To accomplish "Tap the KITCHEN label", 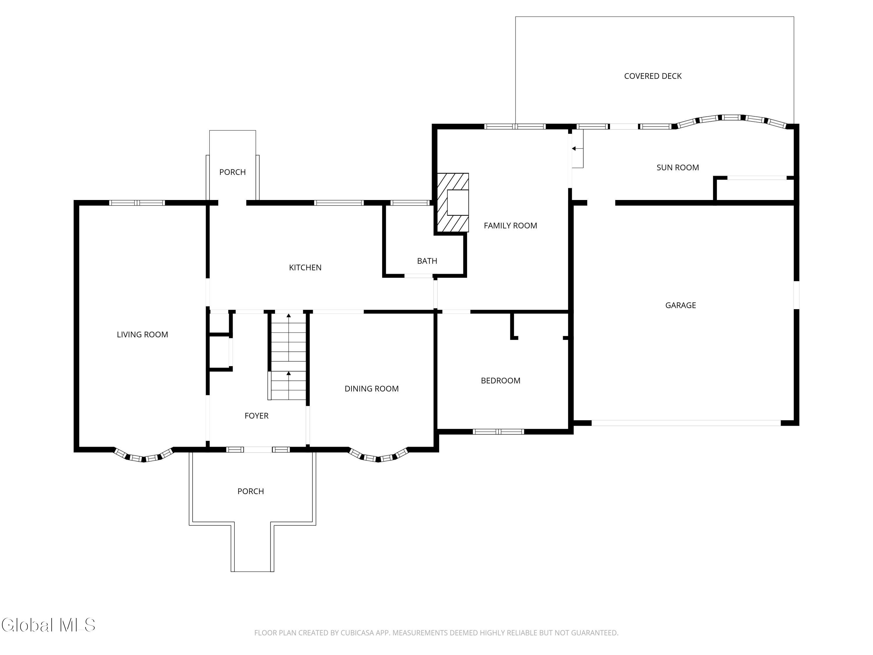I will [305, 268].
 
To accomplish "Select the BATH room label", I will [427, 261].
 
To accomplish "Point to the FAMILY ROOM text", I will [510, 225].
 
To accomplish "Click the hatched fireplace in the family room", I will [452, 203].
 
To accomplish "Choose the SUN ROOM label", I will [678, 167].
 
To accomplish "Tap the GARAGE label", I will [680, 305].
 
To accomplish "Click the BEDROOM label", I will [501, 380].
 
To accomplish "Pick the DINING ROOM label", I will [371, 389].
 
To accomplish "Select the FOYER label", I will [257, 416].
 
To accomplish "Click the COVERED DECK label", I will [653, 76].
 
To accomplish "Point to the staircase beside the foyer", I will [288, 355].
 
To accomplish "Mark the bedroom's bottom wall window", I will [498, 431].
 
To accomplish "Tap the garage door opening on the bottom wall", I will [686, 423].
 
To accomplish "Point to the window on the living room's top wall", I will [137, 203].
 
